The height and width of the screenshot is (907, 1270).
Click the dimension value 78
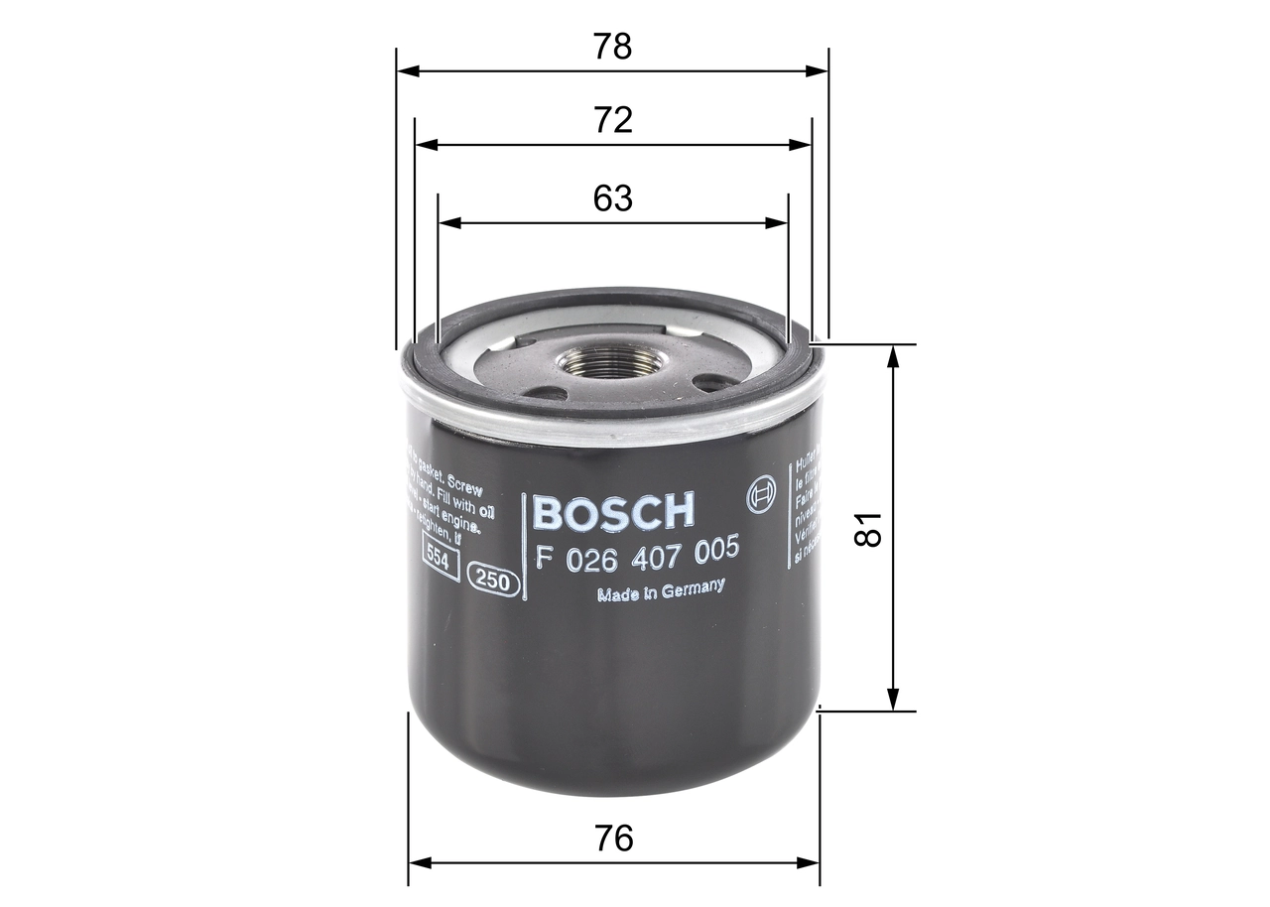point(612,47)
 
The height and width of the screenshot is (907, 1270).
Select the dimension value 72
point(612,120)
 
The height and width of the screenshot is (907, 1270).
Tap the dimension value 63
point(612,198)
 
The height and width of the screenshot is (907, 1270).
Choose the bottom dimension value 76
point(614,839)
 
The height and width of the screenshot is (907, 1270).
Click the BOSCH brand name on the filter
point(614,511)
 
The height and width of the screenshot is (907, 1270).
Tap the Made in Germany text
point(660,590)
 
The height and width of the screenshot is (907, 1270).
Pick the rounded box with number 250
point(494,583)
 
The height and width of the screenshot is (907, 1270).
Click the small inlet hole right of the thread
point(710,381)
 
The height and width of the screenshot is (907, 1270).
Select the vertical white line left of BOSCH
point(523,546)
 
